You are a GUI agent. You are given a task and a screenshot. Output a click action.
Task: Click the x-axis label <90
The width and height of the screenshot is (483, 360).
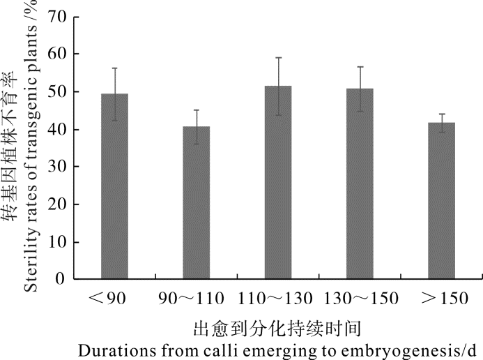pyautogui.click(x=107, y=299)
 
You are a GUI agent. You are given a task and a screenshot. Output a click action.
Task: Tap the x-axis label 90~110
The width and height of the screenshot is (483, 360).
pyautogui.click(x=190, y=299)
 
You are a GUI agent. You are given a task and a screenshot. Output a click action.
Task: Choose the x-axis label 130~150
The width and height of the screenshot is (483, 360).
pyautogui.click(x=360, y=299)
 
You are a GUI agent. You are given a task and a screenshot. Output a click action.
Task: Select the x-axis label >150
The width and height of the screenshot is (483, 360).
pyautogui.click(x=441, y=299)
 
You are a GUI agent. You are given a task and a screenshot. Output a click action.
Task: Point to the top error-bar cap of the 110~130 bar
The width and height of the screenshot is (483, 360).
pyautogui.click(x=278, y=58)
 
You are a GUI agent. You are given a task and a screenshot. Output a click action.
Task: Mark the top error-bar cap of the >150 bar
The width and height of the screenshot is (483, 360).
pyautogui.click(x=441, y=114)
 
